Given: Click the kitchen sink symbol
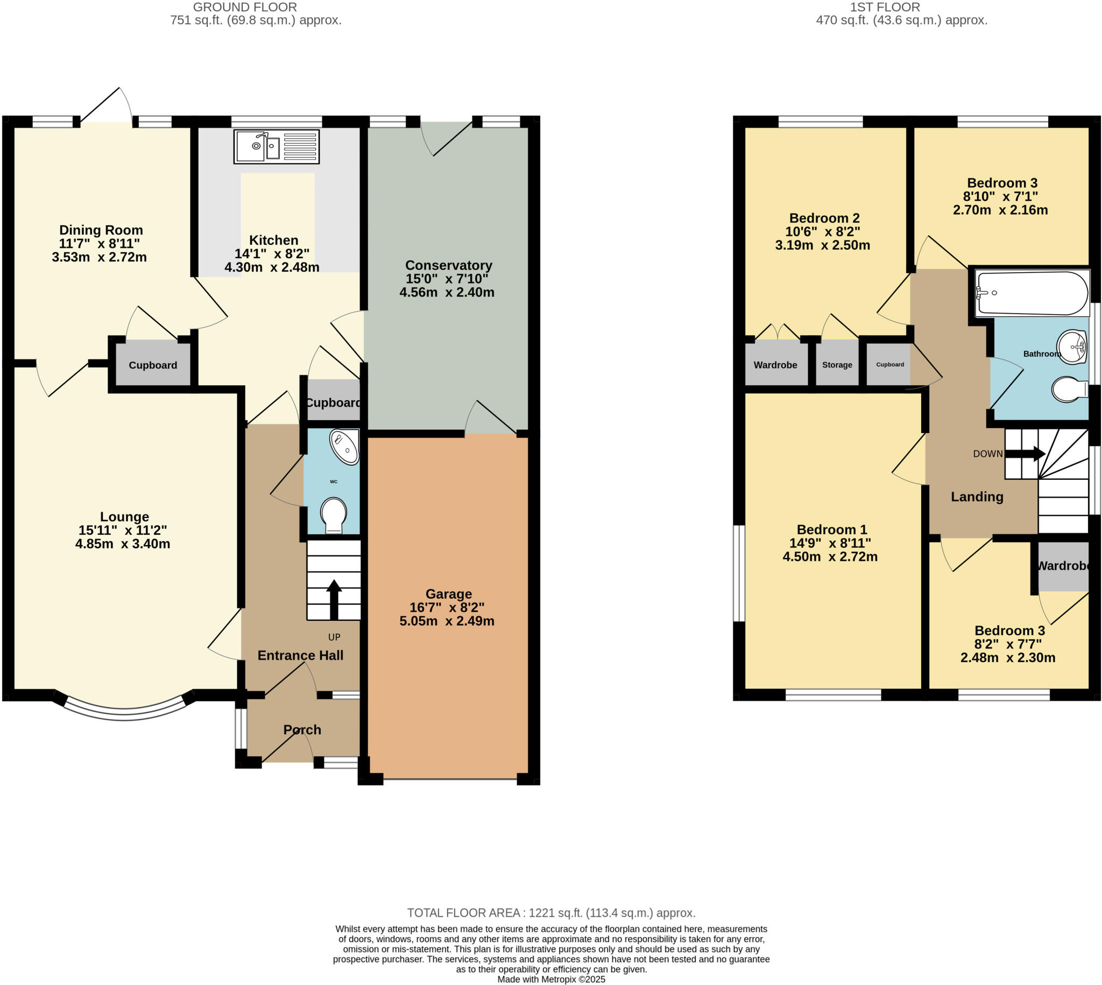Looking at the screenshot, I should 276,147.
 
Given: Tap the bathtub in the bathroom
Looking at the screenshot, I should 1032,293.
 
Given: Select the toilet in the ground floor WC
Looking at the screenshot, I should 334,515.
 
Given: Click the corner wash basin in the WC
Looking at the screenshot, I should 345,447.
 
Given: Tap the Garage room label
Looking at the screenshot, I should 448,594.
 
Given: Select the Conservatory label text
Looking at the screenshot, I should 448,265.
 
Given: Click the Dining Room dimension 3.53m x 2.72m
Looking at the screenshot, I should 99,257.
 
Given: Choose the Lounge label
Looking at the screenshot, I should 124,517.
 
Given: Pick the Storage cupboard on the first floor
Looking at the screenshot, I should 837,364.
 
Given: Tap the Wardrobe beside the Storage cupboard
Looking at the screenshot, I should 775,364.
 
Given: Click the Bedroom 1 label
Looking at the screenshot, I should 831,529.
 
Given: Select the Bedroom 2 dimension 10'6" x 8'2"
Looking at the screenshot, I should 823,232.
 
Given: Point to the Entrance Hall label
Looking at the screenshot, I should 300,655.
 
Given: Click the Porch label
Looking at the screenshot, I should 302,729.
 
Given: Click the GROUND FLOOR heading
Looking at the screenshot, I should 245,8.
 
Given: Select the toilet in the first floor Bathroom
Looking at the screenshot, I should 1070,389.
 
